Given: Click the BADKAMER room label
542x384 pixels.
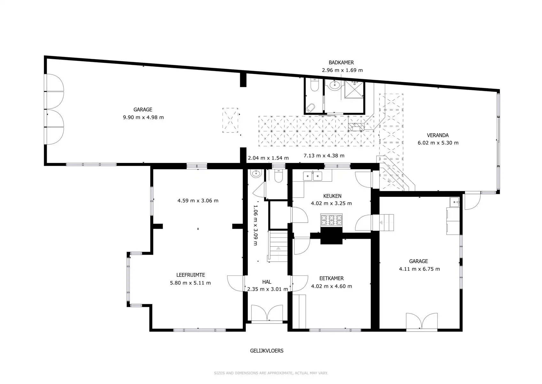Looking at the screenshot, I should click(341, 62).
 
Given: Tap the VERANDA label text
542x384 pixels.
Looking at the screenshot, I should click(437, 135).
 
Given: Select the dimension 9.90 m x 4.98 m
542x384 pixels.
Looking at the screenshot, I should click(143, 117).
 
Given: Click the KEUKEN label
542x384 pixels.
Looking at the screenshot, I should click(332, 196).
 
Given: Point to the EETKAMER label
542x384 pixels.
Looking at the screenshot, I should click(331, 278).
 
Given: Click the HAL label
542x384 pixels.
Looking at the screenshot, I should click(267, 282).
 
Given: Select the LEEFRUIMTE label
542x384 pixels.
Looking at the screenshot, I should click(190, 275).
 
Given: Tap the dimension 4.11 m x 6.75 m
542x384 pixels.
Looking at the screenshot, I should click(419, 269).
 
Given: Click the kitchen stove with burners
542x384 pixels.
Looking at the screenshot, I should click(331, 220).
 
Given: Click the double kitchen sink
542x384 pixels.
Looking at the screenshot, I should click(313, 176).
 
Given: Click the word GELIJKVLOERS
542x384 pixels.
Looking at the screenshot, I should click(267, 351).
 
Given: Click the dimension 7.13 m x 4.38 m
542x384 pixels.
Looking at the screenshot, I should click(324, 156).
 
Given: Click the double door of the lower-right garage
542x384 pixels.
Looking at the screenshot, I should click(422, 321).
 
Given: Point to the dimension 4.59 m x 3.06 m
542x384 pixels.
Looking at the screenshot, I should click(198, 201).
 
